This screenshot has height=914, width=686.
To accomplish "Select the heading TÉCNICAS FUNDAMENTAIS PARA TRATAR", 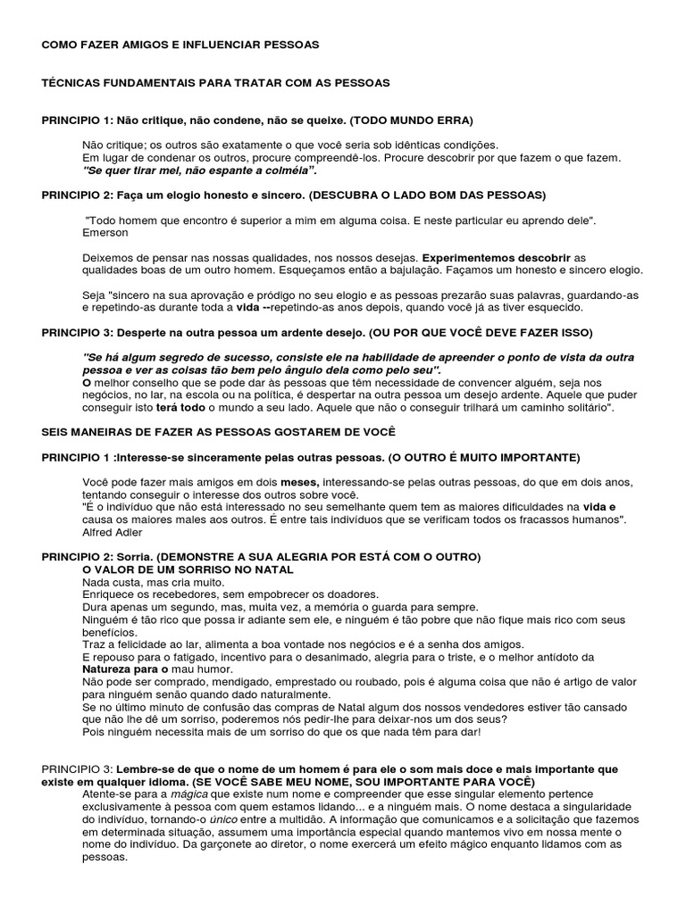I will pos(216,82).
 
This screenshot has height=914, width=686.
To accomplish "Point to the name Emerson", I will pos(105,232).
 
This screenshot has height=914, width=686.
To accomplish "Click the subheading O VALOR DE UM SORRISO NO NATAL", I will pos(188,569).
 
